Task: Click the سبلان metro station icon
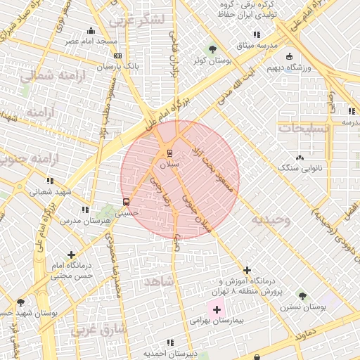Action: coord(169,153)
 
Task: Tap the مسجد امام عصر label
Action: coord(91,41)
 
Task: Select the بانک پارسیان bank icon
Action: coord(117,56)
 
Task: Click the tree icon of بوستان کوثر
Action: coord(212,49)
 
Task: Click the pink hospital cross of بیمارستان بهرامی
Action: coord(217,309)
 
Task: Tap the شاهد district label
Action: coord(158,281)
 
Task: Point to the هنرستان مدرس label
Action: coord(87,221)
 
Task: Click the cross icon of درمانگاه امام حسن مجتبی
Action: coord(71,255)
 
